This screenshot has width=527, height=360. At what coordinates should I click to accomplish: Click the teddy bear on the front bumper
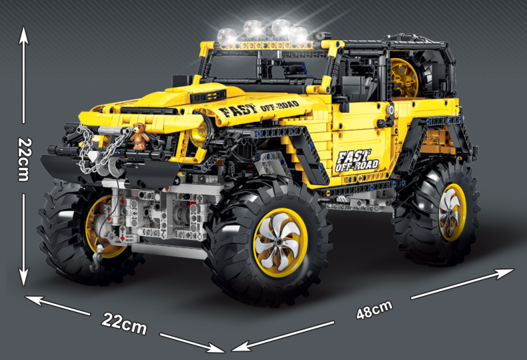[x=140, y=136]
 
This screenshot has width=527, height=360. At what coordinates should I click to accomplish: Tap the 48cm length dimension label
[x=374, y=309]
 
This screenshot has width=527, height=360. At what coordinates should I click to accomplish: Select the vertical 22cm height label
[x=24, y=159]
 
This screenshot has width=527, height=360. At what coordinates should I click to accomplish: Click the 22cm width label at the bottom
[x=124, y=324]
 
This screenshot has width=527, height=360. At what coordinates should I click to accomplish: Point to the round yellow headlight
[x=201, y=134]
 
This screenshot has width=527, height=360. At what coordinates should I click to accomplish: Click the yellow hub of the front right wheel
[x=280, y=242]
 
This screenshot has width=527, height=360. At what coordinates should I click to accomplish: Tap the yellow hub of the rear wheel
[x=452, y=212]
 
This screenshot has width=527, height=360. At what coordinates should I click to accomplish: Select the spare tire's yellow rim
[x=404, y=77]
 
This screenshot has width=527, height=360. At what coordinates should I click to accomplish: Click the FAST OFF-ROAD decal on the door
[x=356, y=161]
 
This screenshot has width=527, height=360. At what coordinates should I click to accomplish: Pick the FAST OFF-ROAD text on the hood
[x=258, y=108]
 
